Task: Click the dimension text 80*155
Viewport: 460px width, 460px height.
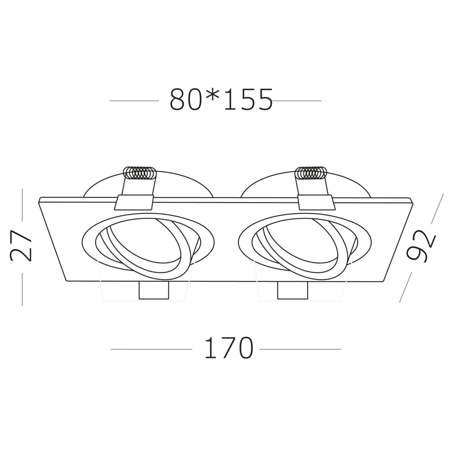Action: (x=221, y=100)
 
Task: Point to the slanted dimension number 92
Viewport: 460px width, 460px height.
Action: (x=422, y=248)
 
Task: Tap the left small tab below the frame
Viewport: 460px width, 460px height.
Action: (x=154, y=291)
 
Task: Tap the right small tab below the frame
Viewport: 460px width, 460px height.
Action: (x=293, y=291)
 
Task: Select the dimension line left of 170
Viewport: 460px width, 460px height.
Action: (x=151, y=349)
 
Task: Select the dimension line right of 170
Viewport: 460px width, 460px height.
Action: (x=300, y=349)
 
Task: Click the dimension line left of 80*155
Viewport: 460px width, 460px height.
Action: (x=134, y=101)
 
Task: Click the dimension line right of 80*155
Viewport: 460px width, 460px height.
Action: (x=297, y=101)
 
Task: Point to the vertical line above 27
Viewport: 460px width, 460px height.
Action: (x=23, y=205)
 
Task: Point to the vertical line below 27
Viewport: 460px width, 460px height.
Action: (x=23, y=289)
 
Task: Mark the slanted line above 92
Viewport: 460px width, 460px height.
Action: (x=437, y=209)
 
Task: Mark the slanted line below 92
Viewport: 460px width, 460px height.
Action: (x=406, y=287)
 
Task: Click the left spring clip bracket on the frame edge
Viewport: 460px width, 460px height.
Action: (x=135, y=202)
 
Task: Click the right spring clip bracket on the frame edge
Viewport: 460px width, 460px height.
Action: (x=315, y=202)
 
